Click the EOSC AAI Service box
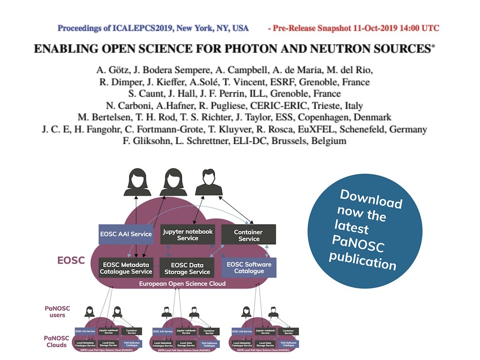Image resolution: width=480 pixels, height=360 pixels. click(126, 234)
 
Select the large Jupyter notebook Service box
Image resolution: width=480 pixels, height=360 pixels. click(187, 234)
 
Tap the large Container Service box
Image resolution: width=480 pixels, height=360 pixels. click(248, 235)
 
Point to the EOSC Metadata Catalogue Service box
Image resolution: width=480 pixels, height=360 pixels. click(126, 268)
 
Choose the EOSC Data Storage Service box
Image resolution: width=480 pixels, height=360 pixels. click(187, 268)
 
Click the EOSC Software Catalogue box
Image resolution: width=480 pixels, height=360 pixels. click(249, 267)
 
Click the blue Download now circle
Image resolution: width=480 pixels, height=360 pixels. click(366, 229)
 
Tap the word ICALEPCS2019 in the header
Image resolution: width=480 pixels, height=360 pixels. click(124, 28)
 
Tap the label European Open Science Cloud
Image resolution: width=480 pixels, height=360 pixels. click(182, 284)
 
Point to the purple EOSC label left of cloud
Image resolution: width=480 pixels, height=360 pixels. click(71, 260)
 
